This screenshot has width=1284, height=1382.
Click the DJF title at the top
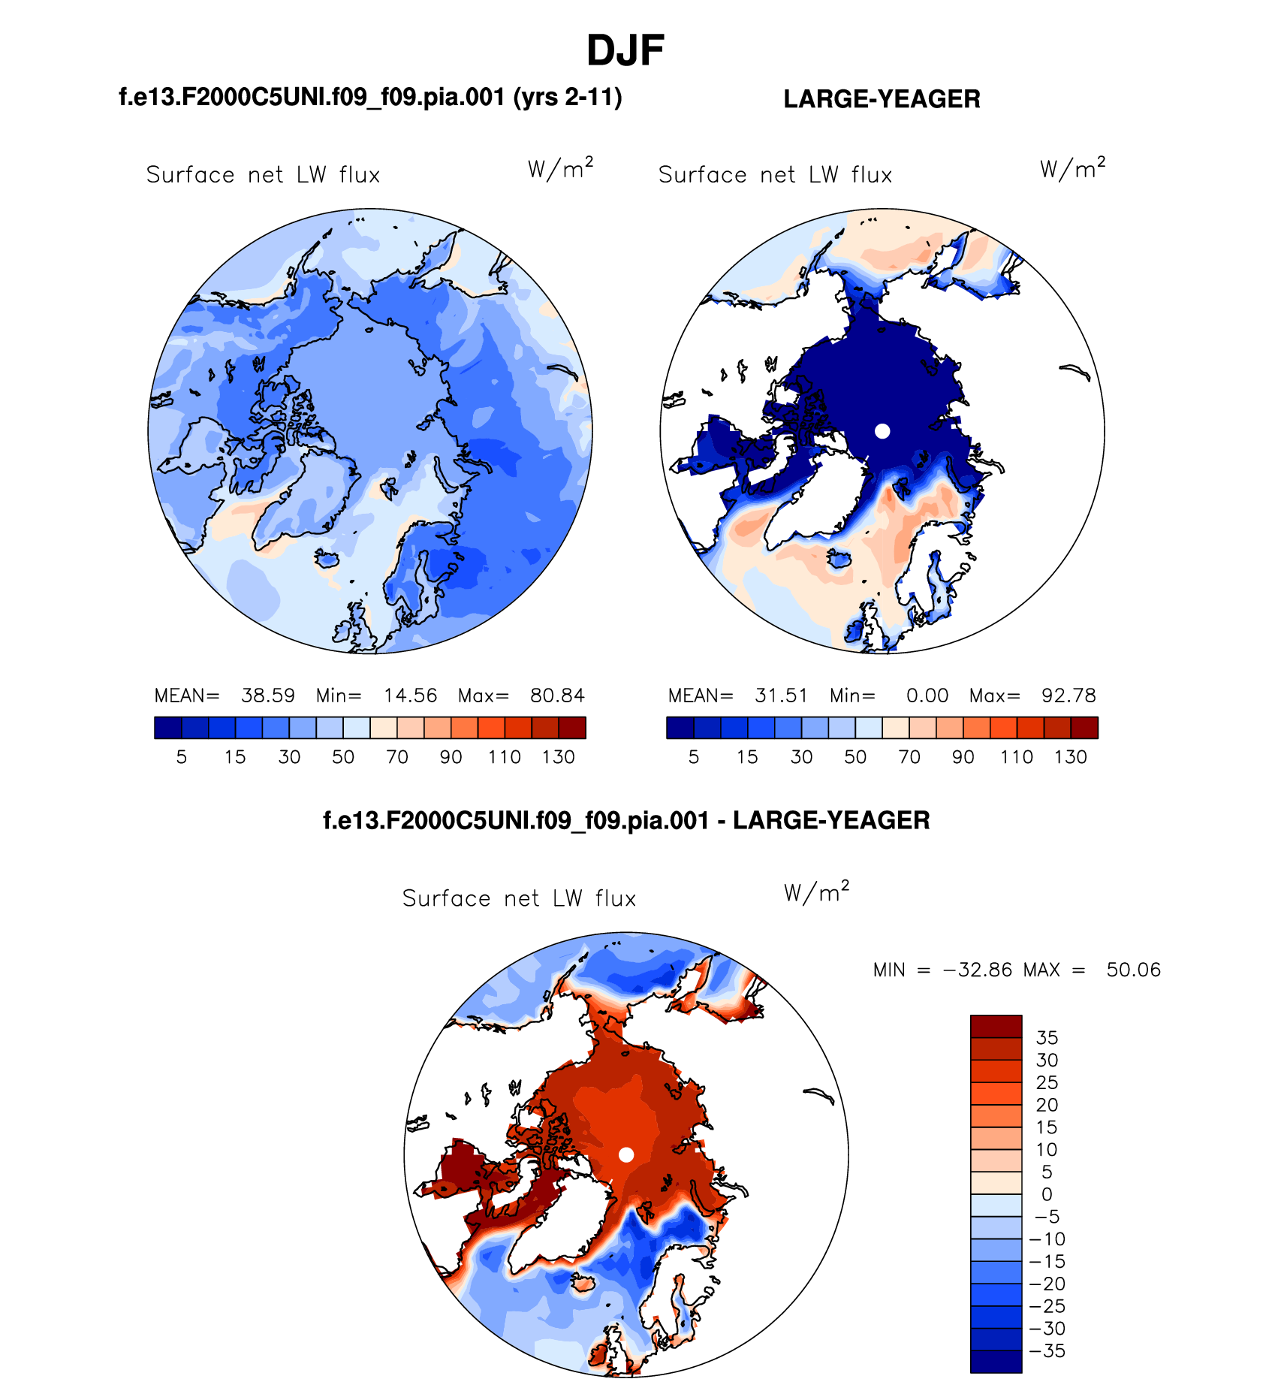[x=625, y=51]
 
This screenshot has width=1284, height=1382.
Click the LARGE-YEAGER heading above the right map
[x=882, y=99]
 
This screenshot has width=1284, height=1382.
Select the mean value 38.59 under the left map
[x=267, y=696]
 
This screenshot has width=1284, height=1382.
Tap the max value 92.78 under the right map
[x=1068, y=696]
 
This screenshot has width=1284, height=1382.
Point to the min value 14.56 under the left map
[x=410, y=696]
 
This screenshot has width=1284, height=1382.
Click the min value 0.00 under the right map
[x=927, y=696]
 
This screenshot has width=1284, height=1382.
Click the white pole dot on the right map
[x=882, y=431]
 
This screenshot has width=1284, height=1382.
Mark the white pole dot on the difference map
[x=626, y=1154]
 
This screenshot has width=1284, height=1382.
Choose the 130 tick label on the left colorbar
[x=558, y=757]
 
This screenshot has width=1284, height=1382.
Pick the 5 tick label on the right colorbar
[x=694, y=757]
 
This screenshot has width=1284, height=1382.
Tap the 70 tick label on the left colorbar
[x=397, y=757]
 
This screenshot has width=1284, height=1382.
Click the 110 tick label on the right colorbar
[x=1017, y=757]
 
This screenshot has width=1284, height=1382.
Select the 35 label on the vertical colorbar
[x=1047, y=1038]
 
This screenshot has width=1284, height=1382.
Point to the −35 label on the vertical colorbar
[x=1047, y=1351]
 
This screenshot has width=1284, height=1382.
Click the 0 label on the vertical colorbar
[x=1047, y=1194]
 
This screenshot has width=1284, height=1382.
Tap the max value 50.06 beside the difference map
[x=1133, y=970]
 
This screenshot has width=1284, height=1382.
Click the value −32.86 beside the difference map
[x=977, y=970]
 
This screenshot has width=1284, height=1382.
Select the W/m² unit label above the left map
[x=560, y=169]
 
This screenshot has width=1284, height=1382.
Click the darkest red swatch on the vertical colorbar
[x=996, y=1026]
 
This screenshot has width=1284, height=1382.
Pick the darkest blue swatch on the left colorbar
[x=168, y=728]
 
